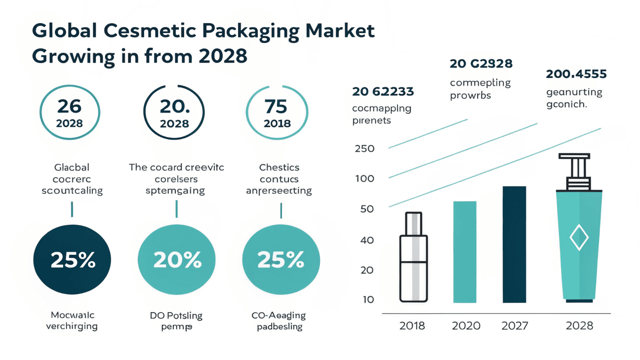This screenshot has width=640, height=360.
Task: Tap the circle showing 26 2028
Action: [x=70, y=113]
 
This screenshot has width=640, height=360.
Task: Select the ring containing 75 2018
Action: [x=277, y=113]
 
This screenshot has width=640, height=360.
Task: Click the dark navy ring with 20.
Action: [x=174, y=113]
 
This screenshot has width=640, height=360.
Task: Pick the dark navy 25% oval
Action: [x=73, y=260]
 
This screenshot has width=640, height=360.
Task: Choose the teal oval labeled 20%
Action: [x=177, y=260]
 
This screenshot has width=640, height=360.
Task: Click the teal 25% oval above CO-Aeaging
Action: [x=281, y=260]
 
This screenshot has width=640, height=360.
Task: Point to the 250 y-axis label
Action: [x=364, y=149]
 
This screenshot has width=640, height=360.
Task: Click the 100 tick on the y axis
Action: [x=364, y=179]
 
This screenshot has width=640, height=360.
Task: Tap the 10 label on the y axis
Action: [x=368, y=300]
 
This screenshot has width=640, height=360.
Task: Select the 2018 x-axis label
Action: [x=412, y=326]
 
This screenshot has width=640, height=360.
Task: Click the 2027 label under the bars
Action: [x=515, y=326]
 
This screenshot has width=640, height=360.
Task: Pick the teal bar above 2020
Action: [x=464, y=252]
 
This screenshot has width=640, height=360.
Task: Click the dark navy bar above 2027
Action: [x=514, y=244]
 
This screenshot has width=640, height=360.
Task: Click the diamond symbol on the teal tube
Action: [x=579, y=239]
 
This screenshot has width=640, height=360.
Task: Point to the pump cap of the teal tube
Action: [x=574, y=171]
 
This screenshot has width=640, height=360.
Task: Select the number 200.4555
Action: [x=576, y=75]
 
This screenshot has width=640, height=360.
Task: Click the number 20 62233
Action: [x=383, y=91]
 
